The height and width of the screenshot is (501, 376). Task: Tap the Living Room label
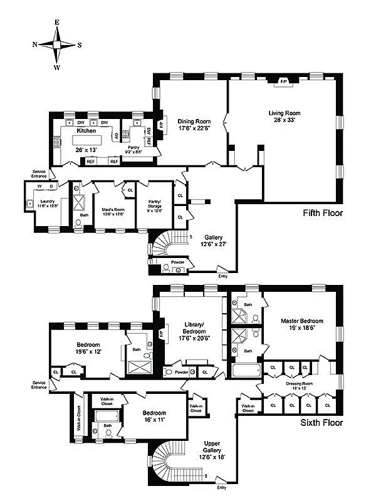coord(281,113)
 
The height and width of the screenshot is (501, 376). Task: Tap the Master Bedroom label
coord(301,322)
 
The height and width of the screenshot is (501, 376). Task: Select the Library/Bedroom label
coord(193,331)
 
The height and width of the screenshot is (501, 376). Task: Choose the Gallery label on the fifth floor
coord(214,237)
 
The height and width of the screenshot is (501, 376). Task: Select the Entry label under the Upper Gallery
coord(221,487)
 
